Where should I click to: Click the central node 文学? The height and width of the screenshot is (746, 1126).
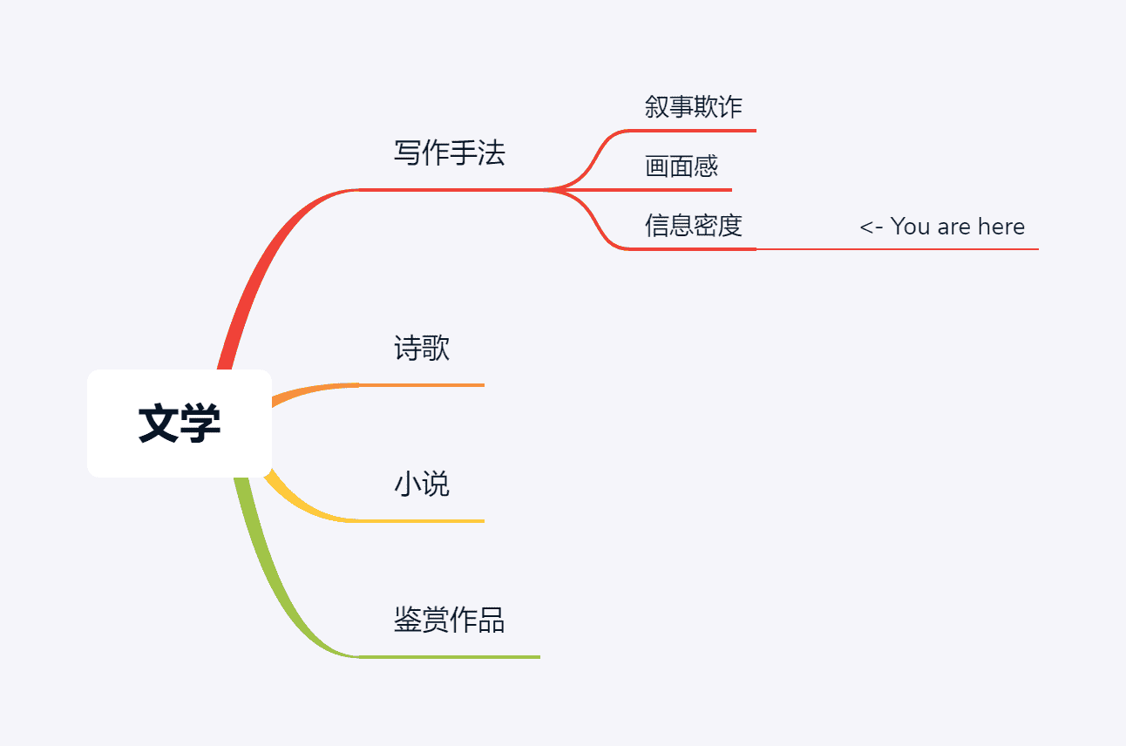coord(180,424)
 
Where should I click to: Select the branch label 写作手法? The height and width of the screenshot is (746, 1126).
coord(449,153)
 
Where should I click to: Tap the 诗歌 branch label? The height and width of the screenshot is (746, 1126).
coord(422,349)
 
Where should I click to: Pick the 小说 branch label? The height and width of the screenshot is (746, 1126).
coord(422,485)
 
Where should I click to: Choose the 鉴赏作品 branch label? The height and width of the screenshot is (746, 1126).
coord(449,621)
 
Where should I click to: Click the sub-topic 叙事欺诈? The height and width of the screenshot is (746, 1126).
coord(694,107)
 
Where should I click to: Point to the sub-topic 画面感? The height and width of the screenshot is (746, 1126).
coord(682,166)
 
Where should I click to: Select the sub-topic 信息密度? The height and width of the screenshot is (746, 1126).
coord(694,226)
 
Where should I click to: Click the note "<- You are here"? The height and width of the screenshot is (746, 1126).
coord(942,227)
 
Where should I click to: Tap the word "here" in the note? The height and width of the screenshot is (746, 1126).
coord(1001,227)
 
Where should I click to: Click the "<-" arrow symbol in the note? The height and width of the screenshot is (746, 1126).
coord(872,227)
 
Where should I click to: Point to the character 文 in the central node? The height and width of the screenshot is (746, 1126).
coord(159,424)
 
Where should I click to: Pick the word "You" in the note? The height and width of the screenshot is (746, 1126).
coord(911,227)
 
